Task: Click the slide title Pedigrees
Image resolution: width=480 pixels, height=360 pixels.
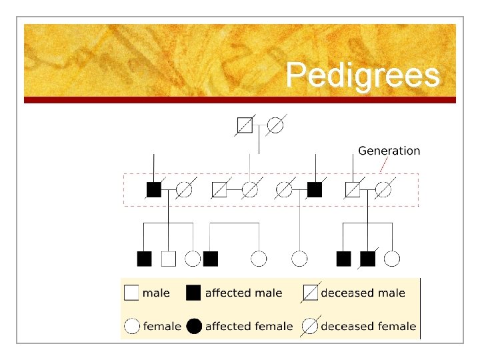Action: pyautogui.click(x=363, y=75)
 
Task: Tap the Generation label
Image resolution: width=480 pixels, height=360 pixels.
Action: pyautogui.click(x=389, y=151)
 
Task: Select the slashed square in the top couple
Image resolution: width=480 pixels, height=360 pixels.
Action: pyautogui.click(x=245, y=124)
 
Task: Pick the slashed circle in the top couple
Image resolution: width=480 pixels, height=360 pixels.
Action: pyautogui.click(x=275, y=124)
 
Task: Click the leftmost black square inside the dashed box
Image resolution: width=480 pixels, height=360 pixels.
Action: pyautogui.click(x=153, y=190)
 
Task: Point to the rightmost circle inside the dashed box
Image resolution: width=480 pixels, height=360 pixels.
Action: pyautogui.click(x=383, y=190)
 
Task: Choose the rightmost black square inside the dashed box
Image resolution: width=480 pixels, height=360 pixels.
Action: pyautogui.click(x=315, y=190)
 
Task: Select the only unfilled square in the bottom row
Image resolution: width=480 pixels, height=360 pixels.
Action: pyautogui.click(x=169, y=259)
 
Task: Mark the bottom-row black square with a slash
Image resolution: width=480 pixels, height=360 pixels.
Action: pyautogui.click(x=367, y=259)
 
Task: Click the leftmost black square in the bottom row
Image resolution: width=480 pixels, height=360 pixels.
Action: pyautogui.click(x=144, y=259)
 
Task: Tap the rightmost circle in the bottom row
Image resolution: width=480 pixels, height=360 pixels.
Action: pyautogui.click(x=392, y=259)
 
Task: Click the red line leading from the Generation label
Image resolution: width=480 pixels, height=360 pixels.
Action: pyautogui.click(x=383, y=165)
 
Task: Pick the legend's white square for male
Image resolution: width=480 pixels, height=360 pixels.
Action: pyautogui.click(x=132, y=293)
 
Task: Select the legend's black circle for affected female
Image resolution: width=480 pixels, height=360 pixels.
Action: pyautogui.click(x=194, y=326)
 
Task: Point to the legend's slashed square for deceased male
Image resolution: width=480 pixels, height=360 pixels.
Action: pyautogui.click(x=311, y=293)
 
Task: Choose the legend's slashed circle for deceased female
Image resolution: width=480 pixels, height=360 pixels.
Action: pyautogui.click(x=311, y=326)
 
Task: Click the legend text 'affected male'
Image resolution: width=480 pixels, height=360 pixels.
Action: pyautogui.click(x=243, y=293)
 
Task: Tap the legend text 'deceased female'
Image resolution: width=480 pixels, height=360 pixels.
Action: pyautogui.click(x=368, y=326)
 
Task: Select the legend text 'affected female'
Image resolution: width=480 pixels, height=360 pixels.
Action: pyautogui.click(x=249, y=326)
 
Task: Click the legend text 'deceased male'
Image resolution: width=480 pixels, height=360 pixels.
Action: pyautogui.click(x=363, y=293)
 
